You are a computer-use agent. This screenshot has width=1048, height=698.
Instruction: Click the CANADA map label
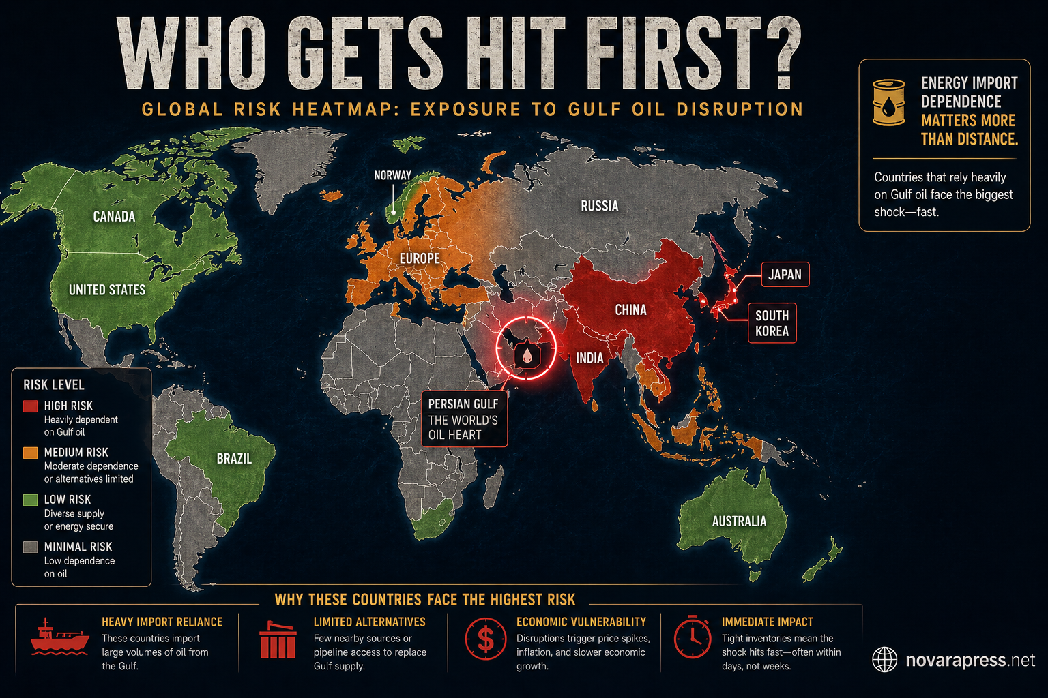point(114,217)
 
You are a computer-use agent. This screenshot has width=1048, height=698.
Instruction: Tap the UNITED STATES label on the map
point(107,290)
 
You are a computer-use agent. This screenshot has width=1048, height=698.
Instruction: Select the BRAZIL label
point(234,459)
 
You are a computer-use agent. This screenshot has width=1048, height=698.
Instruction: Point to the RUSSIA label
point(599,206)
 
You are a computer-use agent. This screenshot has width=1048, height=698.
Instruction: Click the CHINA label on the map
point(630,310)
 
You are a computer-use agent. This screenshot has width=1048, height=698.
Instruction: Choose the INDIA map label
point(589,358)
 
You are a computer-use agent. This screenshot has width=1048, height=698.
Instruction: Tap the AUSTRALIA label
point(739,521)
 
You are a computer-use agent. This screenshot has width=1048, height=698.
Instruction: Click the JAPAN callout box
point(785,275)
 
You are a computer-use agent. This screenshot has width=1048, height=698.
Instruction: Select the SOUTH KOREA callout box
point(772,323)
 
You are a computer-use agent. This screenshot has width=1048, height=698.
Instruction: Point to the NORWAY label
point(392,175)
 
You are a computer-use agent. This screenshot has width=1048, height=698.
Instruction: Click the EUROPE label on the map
point(420,258)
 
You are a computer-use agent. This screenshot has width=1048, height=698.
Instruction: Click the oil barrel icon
point(889,102)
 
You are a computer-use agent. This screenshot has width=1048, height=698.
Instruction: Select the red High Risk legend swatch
point(30,406)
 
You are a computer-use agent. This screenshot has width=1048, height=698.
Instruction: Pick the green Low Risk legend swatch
point(30,500)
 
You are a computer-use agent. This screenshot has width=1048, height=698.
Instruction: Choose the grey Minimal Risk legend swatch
point(30,547)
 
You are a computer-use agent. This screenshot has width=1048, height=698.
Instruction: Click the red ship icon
point(59,638)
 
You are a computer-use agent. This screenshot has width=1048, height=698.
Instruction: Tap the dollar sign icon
point(486,639)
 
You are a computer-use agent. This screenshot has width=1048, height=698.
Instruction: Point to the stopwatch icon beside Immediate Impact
point(693,637)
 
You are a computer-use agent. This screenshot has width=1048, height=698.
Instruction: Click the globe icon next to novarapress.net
point(885,660)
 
